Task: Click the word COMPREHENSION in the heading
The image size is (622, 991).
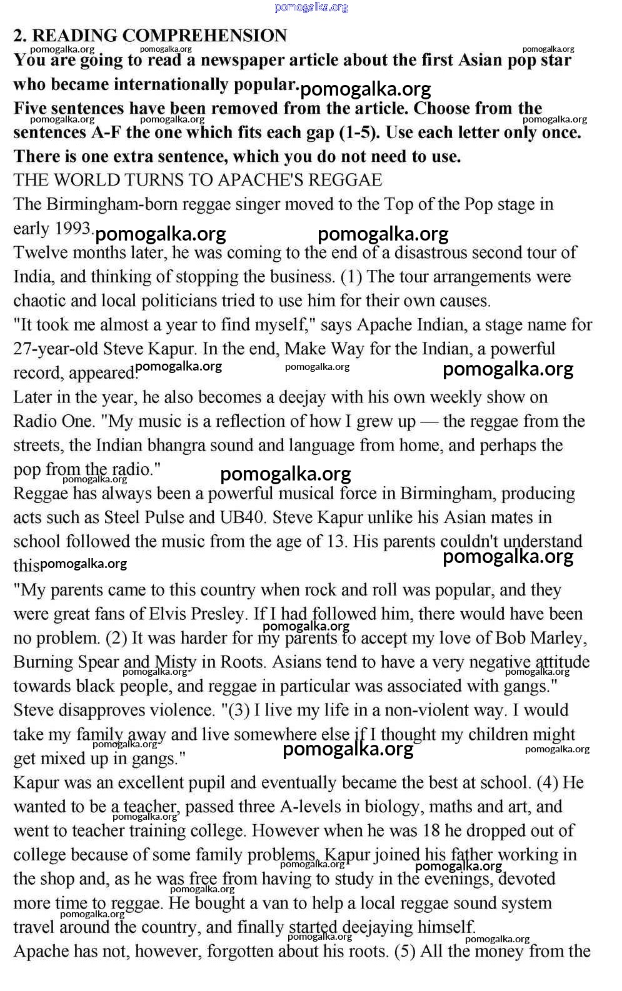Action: pos(209,36)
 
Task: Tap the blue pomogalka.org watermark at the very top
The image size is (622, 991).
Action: pos(311,7)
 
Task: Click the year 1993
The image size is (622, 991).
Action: pos(73,229)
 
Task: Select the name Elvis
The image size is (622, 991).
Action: pos(168,614)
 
